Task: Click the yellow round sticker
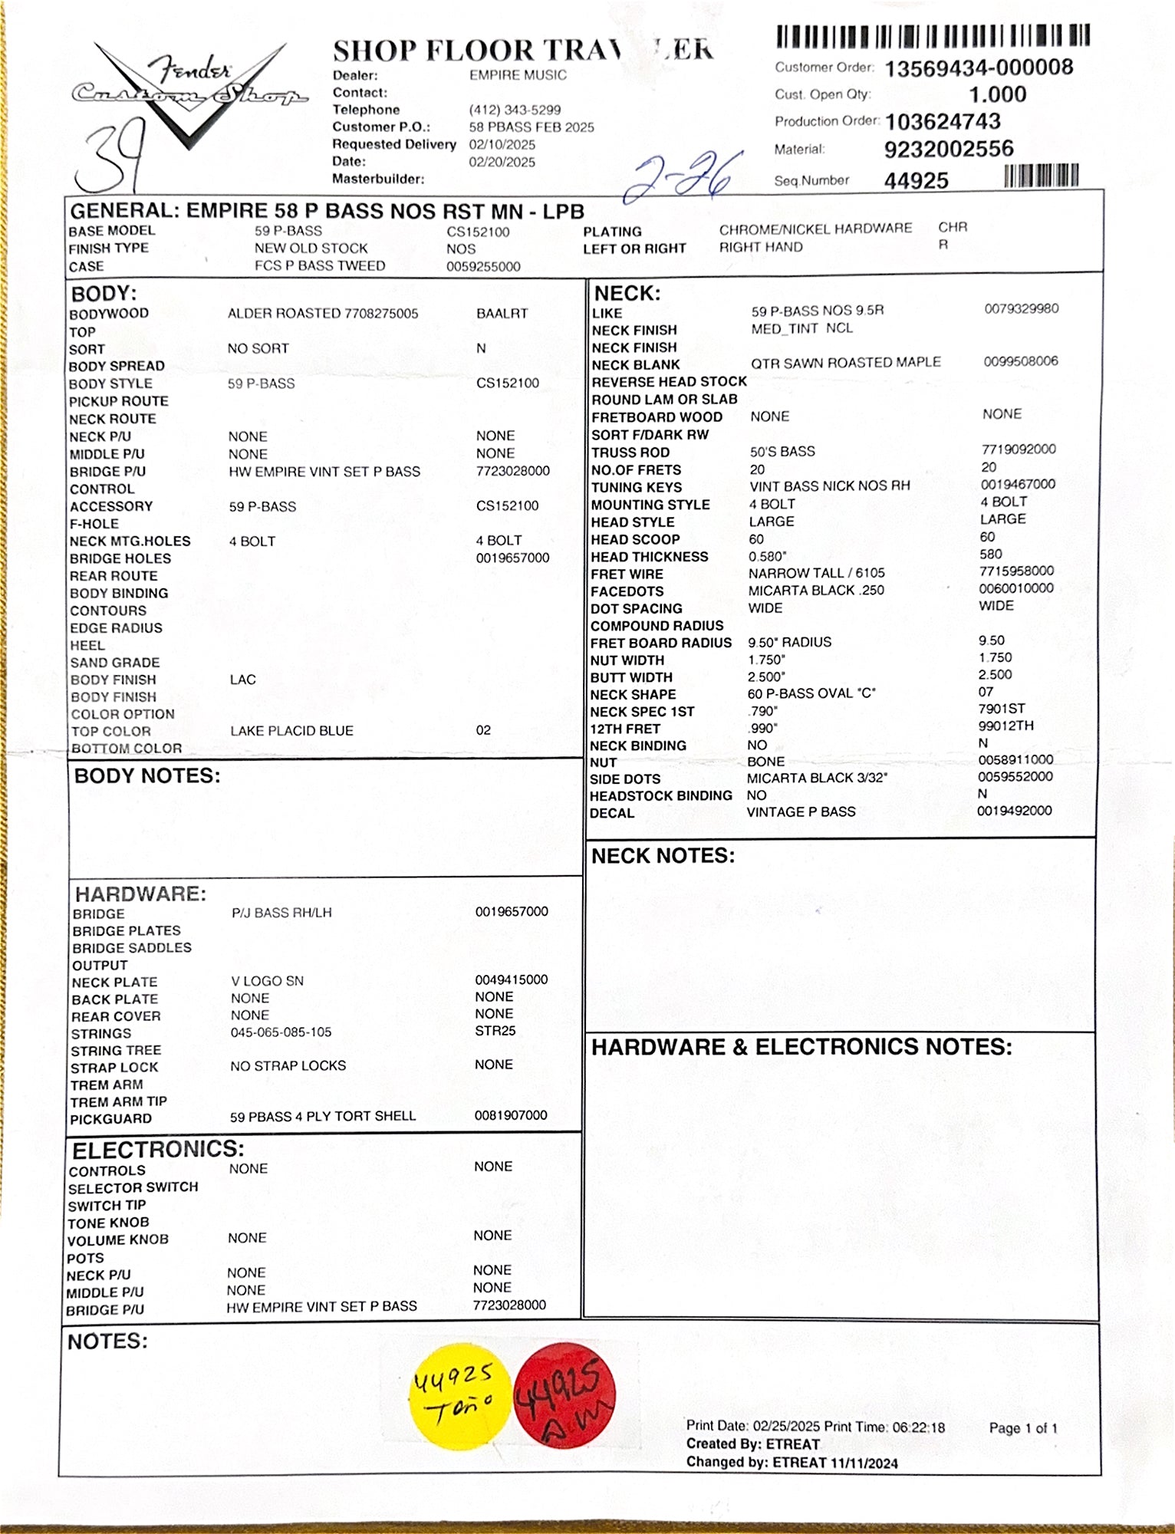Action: pyautogui.click(x=453, y=1397)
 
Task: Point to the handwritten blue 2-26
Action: pyautogui.click(x=683, y=176)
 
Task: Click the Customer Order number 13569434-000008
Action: pyautogui.click(x=979, y=68)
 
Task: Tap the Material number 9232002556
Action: pyautogui.click(x=949, y=149)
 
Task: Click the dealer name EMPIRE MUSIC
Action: pyautogui.click(x=518, y=75)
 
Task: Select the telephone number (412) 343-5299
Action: pyautogui.click(x=515, y=110)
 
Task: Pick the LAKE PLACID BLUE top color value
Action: pyautogui.click(x=291, y=731)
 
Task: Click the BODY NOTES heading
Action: pyautogui.click(x=147, y=776)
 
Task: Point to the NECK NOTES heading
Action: pyautogui.click(x=663, y=856)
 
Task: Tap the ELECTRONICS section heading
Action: pyautogui.click(x=158, y=1149)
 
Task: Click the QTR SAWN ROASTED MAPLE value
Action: pyautogui.click(x=845, y=362)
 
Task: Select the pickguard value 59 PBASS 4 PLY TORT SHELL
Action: pyautogui.click(x=323, y=1117)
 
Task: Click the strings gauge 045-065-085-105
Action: pyautogui.click(x=281, y=1032)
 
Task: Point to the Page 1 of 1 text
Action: pyautogui.click(x=1023, y=1428)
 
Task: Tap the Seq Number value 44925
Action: pyautogui.click(x=917, y=181)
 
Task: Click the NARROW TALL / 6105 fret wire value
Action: pyautogui.click(x=816, y=573)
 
